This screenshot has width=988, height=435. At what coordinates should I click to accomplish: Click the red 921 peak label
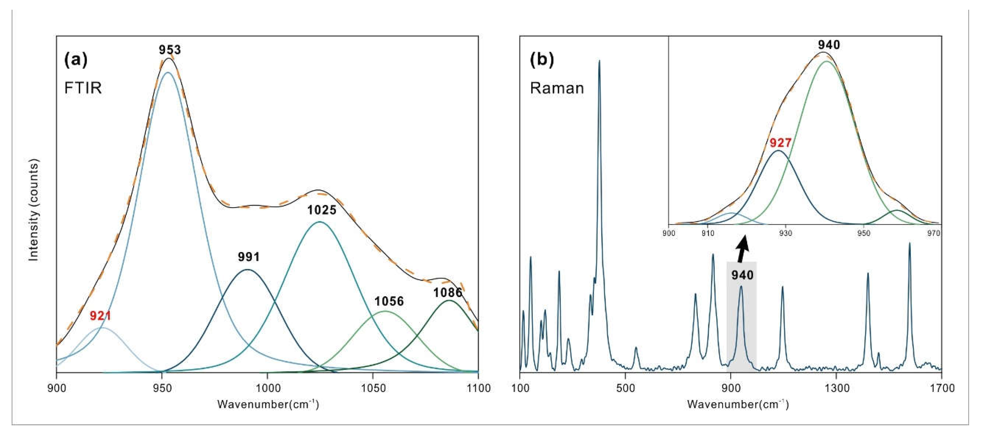tap(101, 316)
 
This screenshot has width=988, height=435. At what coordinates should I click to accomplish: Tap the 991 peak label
tap(249, 257)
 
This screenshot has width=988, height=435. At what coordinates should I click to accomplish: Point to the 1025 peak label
tap(321, 210)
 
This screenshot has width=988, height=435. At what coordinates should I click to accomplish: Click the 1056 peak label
tap(389, 302)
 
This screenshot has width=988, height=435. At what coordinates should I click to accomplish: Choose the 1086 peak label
tap(448, 293)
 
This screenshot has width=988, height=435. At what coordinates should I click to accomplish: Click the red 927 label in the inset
tap(780, 143)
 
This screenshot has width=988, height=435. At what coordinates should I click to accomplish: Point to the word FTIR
tap(83, 89)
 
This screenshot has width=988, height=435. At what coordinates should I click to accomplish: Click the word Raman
tap(557, 89)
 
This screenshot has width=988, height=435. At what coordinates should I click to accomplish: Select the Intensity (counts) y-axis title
tap(34, 211)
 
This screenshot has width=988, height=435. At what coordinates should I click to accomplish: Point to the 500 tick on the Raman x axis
tap(625, 388)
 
